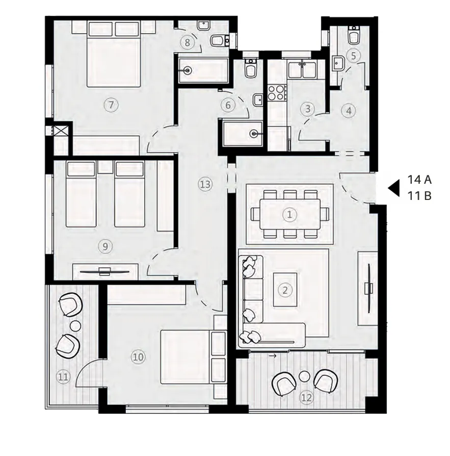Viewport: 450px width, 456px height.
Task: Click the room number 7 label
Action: point(111,105)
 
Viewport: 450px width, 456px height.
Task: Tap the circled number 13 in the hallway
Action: point(205,184)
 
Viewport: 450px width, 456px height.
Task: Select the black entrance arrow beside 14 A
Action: point(393,188)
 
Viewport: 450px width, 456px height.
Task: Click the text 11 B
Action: point(419,195)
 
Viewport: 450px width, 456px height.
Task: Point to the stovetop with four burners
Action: point(276,93)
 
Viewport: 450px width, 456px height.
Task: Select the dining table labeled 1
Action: point(289,215)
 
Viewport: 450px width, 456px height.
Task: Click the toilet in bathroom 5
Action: point(353,36)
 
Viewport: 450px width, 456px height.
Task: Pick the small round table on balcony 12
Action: point(305,376)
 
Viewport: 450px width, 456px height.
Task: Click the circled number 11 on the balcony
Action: point(63,377)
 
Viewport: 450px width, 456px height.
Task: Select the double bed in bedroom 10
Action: point(185,357)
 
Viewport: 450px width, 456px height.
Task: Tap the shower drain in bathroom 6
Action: point(253,134)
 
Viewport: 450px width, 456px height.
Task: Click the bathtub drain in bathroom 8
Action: point(188,70)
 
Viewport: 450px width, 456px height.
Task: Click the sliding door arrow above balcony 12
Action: point(274,356)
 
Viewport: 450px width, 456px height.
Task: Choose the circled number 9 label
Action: point(105,246)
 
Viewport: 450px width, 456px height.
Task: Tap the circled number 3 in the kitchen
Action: point(307,109)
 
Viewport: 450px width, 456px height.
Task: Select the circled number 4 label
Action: point(349,110)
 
